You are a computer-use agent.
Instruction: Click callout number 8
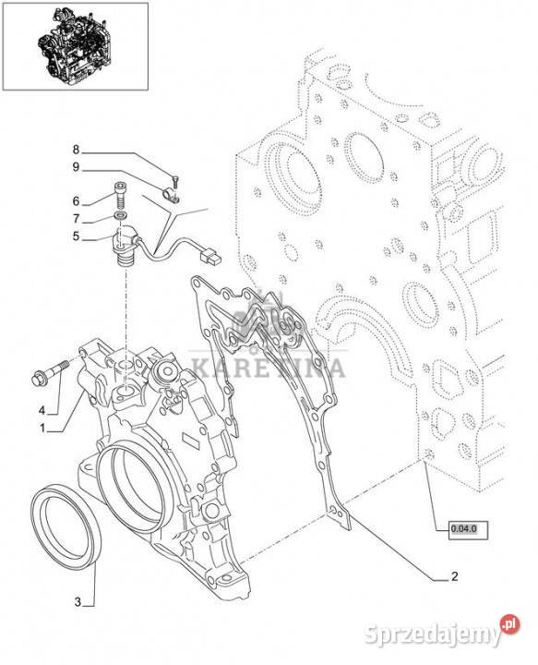pos(76,150)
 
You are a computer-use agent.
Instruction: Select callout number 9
pos(76,167)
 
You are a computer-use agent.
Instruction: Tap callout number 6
pos(76,201)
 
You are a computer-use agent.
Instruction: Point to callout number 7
pos(76,219)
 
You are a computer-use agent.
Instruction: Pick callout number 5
pos(76,236)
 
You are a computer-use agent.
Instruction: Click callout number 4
pos(42,410)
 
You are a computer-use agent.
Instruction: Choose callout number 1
pos(42,429)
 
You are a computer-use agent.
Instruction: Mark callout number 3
pos(78,602)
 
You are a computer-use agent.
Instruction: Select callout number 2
pos(454,576)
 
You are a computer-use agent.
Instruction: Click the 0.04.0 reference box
pos(468,530)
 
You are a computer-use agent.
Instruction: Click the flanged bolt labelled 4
pos(50,372)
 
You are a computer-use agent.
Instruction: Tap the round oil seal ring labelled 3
pos(66,526)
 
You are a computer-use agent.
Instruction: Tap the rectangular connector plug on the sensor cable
pos(210,256)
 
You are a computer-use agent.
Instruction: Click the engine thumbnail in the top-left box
pos(75,46)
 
